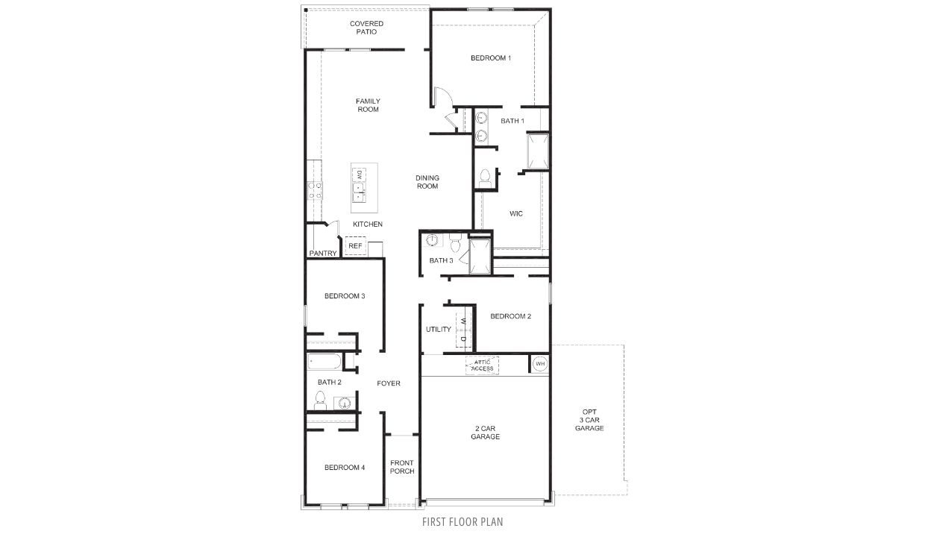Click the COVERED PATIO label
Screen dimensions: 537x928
tap(367, 28)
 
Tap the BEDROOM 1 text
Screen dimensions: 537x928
tap(490, 58)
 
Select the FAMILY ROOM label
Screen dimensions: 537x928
tap(367, 105)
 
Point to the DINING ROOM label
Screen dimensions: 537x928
tap(427, 182)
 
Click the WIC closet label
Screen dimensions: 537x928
tap(515, 214)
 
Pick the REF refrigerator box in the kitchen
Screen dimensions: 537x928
tap(355, 245)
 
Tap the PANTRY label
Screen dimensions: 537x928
tap(323, 254)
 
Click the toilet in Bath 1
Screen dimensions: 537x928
tap(485, 177)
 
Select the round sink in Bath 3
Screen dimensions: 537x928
tap(432, 240)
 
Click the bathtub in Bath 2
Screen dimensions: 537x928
tap(325, 362)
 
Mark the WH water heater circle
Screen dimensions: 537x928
tap(539, 364)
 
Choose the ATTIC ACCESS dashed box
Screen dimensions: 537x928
tap(482, 365)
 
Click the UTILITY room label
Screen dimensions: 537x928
tap(438, 330)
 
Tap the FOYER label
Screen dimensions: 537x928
tap(388, 383)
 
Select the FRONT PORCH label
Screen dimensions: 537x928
tap(401, 467)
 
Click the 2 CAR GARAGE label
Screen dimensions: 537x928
tap(485, 433)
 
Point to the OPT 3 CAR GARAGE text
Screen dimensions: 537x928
tap(589, 420)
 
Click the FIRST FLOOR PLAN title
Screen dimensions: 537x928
tap(463, 522)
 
